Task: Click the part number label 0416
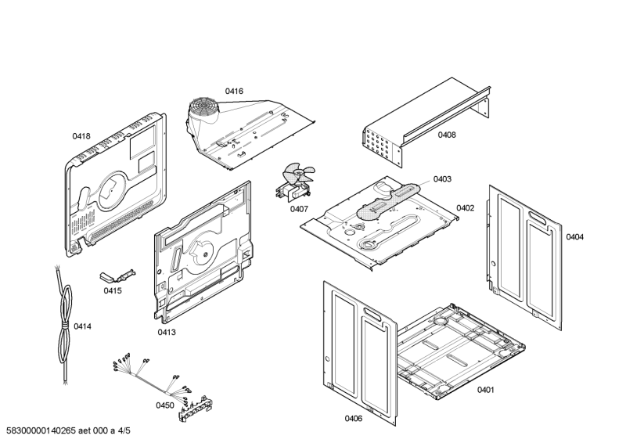[x=234, y=92]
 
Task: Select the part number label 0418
[x=81, y=136]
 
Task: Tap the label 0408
[x=447, y=135]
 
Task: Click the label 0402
[x=465, y=208]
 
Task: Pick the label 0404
[x=574, y=237]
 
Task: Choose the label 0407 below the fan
[x=299, y=209]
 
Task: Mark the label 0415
[x=113, y=290]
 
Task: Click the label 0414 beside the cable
[x=82, y=326]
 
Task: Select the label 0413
[x=166, y=333]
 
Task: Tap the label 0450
[x=164, y=405]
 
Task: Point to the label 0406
[x=354, y=419]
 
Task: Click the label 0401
[x=485, y=389]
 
